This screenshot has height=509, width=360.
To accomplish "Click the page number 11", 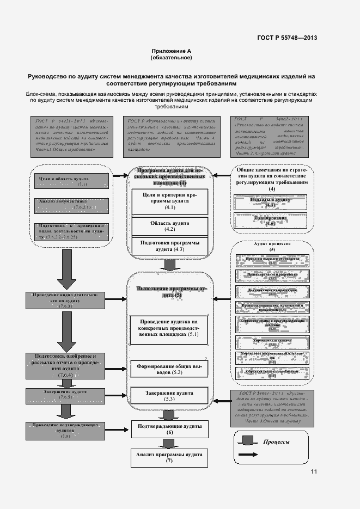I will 313,471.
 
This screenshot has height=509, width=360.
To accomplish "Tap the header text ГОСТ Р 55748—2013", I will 287,38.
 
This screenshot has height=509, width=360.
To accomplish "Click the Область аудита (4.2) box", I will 170,226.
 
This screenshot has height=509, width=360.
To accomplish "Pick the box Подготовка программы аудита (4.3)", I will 170,246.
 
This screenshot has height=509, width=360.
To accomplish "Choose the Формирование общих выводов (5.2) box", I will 169,369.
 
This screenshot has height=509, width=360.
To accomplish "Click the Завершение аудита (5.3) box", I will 169,396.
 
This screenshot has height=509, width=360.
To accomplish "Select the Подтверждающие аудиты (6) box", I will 170,428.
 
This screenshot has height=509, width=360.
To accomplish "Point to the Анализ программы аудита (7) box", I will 170,457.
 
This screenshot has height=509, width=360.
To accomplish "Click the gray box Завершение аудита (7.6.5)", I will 65,394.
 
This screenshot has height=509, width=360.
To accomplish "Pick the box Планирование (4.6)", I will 271,220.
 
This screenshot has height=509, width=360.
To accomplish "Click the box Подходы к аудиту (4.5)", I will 271,202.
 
